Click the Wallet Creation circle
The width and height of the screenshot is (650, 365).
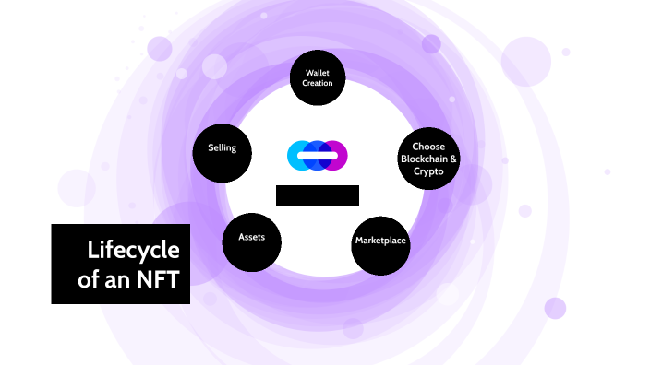tap(318, 77)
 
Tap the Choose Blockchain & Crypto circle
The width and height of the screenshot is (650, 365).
tap(428, 159)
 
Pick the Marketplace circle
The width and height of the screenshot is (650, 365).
tap(380, 241)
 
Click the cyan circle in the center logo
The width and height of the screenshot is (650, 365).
tap(297, 156)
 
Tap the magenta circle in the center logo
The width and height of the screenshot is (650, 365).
tap(337, 156)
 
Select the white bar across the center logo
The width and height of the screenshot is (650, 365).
tap(317, 156)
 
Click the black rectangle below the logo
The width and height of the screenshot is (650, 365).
tap(317, 194)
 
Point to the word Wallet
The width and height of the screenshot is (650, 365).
tap(318, 72)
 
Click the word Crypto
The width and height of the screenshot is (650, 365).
tap(428, 171)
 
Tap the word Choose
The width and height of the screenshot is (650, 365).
tap(428, 146)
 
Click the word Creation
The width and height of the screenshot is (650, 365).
tap(318, 84)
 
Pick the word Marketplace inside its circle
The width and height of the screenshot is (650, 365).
tap(380, 241)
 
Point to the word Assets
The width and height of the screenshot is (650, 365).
tap(251, 237)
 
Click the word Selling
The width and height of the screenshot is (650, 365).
tap(222, 147)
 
